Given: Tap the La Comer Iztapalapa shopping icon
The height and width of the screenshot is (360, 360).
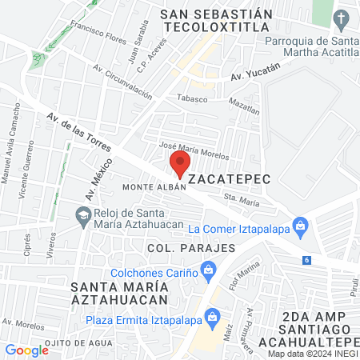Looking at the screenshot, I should [x=300, y=225].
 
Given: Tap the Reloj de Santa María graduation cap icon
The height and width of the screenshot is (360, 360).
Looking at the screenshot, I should [x=82, y=215].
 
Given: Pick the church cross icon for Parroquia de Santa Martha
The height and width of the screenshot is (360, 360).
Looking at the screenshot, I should [x=342, y=18].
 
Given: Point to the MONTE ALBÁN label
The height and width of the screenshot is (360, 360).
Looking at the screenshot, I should [x=154, y=187].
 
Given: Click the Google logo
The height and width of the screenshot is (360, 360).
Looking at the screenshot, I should [x=26, y=350].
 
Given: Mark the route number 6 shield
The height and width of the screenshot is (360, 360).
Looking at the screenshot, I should [x=306, y=260].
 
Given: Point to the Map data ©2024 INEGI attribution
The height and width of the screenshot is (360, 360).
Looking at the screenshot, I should [x=312, y=354].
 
